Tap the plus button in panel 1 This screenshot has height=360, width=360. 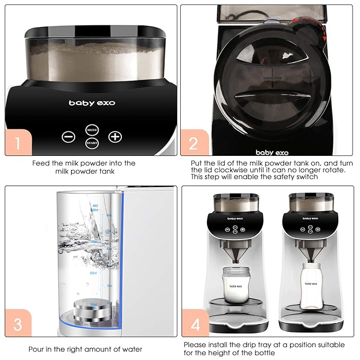pos(115,136)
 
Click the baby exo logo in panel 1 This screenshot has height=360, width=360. pos(92,103)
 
